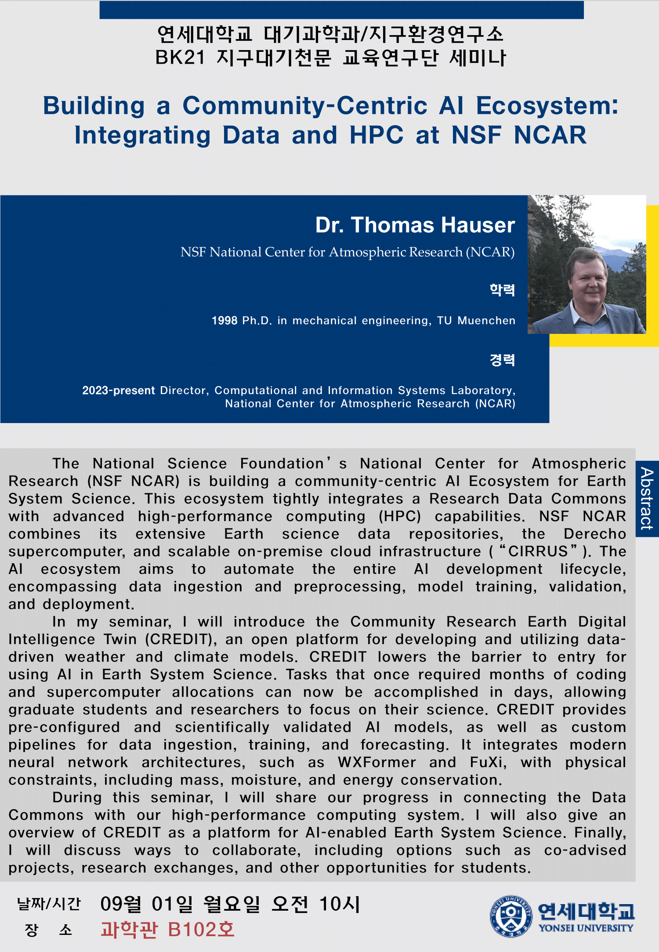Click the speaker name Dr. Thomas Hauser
(x=415, y=225)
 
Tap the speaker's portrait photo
(x=587, y=264)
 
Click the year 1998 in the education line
(x=224, y=321)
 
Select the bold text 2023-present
(x=119, y=391)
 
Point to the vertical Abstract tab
(x=647, y=499)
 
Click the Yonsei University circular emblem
(x=511, y=916)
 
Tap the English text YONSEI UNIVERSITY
(x=586, y=928)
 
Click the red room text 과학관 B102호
(x=167, y=930)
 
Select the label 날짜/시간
(x=49, y=904)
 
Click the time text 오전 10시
(x=315, y=904)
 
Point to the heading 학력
(x=502, y=290)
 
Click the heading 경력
(x=502, y=360)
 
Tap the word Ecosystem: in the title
(x=547, y=106)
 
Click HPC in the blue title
(x=377, y=135)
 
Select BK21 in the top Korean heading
(x=180, y=58)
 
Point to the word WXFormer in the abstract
(x=377, y=762)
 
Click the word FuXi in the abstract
(x=488, y=762)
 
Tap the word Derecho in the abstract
(x=595, y=534)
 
